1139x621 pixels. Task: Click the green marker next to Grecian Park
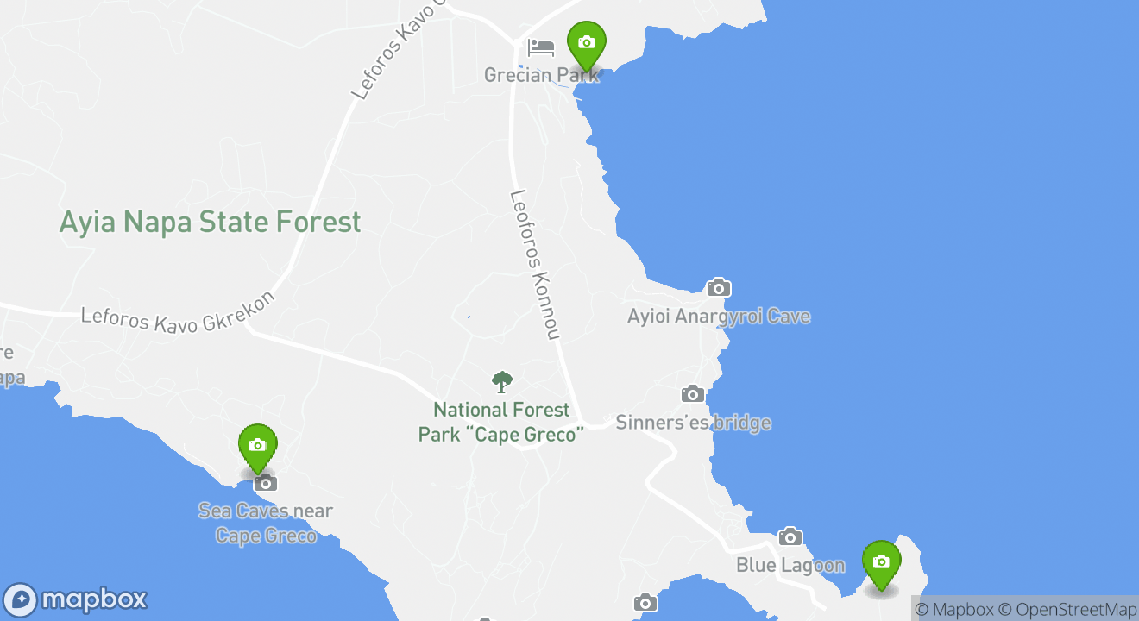587,43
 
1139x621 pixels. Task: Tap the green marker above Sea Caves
257,446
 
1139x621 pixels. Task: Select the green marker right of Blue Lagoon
881,562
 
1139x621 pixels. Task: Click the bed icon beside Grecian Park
541,47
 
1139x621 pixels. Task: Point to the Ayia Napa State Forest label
210,222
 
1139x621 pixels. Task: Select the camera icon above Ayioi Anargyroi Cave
718,288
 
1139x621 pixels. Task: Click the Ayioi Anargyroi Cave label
719,317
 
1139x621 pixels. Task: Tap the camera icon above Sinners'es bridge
693,394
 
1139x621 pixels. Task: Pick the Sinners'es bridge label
693,423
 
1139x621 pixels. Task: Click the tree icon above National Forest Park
501,382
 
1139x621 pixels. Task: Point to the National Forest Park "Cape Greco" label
501,422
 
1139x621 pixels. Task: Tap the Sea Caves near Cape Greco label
266,523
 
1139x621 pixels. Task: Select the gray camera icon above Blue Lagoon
790,537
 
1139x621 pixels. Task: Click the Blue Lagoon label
790,566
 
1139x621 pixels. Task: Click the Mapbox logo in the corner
76,599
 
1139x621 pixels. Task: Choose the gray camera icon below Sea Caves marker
266,483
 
